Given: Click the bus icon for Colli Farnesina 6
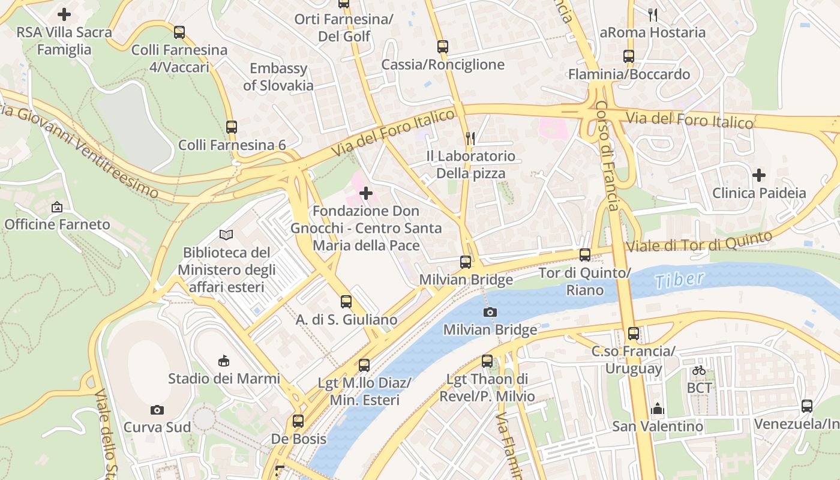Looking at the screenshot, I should click(232, 127).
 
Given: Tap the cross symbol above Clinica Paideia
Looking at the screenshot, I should click(759, 175).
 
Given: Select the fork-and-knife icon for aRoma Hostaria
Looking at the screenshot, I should click(653, 14).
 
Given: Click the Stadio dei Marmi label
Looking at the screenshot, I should click(224, 379).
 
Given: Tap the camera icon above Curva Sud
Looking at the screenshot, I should click(157, 410).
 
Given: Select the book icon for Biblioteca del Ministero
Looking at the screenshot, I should click(226, 235).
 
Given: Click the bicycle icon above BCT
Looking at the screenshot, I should click(699, 370).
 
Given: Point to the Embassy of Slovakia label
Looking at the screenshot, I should click(278, 77).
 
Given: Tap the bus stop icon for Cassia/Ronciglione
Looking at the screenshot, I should click(443, 47).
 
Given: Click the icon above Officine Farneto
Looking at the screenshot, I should click(57, 207).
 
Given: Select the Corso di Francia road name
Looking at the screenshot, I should click(607, 155).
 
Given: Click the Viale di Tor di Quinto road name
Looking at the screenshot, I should click(698, 242).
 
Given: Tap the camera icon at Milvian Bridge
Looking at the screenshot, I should click(490, 312).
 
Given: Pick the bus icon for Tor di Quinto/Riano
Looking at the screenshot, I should click(585, 255).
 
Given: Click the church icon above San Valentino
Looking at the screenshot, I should click(658, 409).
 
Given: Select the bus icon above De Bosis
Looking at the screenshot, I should click(298, 421).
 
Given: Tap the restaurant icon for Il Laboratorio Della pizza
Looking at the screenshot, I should click(470, 139).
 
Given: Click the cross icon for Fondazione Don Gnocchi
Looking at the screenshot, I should click(366, 193).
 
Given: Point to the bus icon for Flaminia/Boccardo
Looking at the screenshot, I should click(629, 57).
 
